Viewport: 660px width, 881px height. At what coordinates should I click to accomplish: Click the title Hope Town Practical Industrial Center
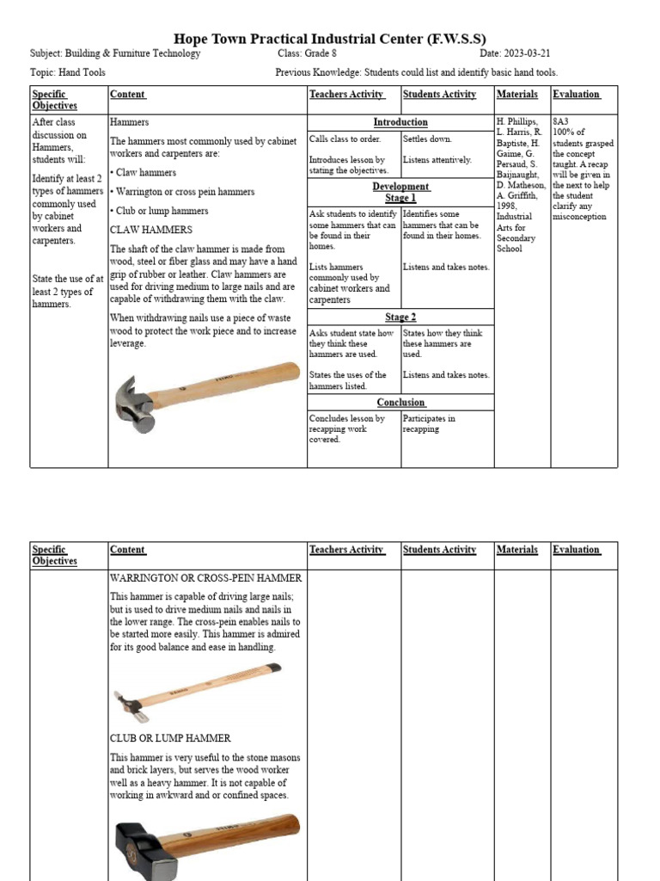coord(330,39)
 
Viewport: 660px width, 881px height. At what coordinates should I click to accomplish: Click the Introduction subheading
coord(400,122)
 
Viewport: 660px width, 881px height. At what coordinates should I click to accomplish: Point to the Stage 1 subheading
coord(400,198)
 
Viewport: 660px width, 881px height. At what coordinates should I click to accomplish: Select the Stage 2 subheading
coord(400,317)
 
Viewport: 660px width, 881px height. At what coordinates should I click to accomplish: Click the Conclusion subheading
coord(400,402)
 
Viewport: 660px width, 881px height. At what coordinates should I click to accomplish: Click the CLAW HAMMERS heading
coord(150,230)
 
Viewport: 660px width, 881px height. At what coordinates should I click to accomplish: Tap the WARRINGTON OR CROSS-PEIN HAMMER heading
coord(205,578)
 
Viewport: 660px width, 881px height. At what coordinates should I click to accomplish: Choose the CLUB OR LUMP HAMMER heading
coord(170,738)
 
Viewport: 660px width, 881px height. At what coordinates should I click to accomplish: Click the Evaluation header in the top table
coord(576,95)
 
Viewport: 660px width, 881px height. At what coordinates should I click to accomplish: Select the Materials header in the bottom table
coord(517,550)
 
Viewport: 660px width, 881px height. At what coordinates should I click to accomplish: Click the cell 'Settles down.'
coord(427,139)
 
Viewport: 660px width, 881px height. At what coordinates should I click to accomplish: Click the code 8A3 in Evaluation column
coord(560,122)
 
